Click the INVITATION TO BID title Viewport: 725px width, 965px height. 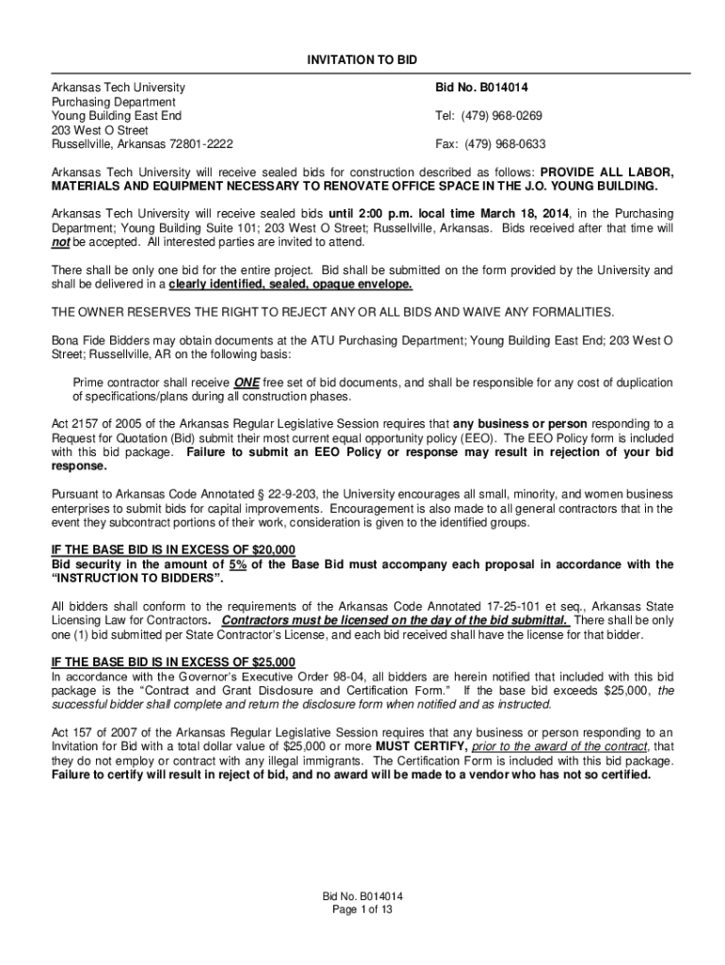click(362, 59)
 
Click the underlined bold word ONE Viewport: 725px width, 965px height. click(247, 383)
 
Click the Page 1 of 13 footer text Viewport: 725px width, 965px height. click(362, 909)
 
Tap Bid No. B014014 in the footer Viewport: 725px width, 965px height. click(362, 895)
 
